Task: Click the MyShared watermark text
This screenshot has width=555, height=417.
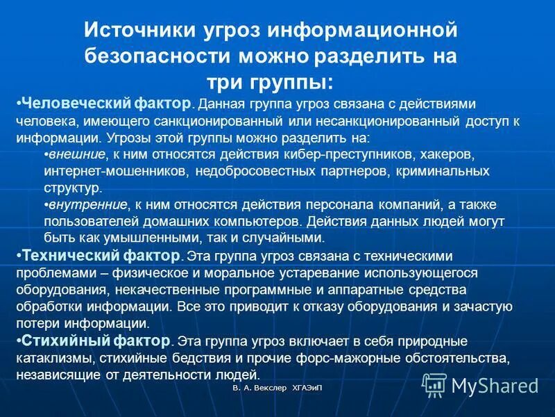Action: pos(495,385)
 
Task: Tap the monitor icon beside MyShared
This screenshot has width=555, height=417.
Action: pos(434,384)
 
